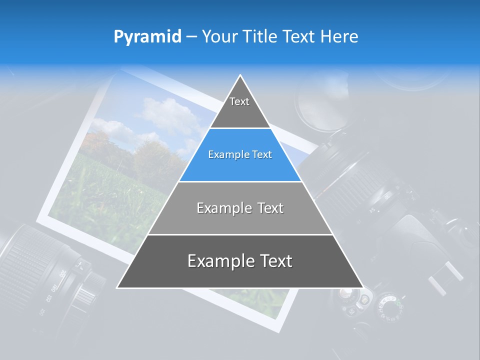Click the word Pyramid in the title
point(147,36)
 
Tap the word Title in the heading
point(262,36)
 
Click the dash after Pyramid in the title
point(191,37)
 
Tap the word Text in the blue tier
point(262,154)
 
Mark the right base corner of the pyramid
point(362,287)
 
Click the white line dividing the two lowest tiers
point(240,234)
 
